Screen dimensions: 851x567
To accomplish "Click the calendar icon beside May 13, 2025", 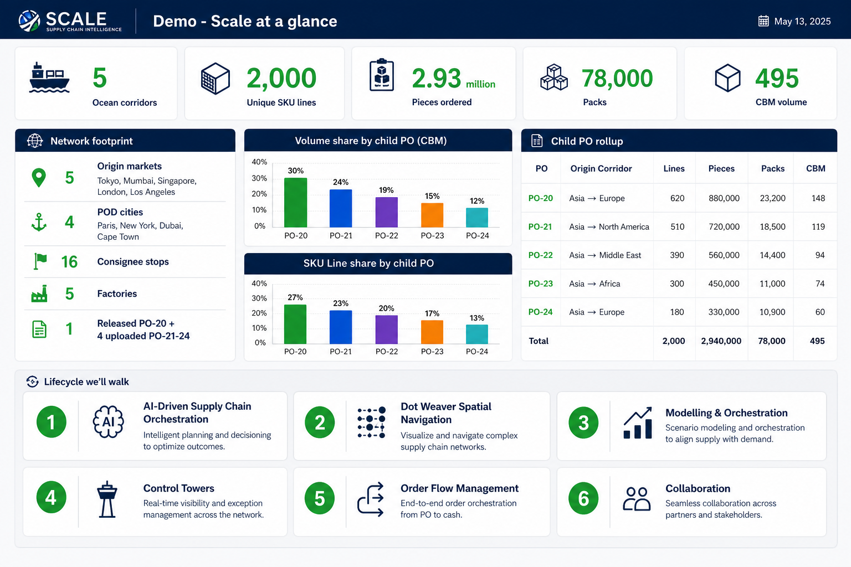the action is (x=763, y=21).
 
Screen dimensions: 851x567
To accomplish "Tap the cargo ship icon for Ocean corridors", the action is (x=49, y=78).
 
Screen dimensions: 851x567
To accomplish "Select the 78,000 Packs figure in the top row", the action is (x=617, y=78).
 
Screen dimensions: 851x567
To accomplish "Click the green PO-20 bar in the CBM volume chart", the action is (x=295, y=203).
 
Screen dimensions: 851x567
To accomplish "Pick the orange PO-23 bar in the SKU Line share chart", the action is (x=432, y=332).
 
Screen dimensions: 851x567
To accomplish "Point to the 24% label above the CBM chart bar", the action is (x=340, y=182).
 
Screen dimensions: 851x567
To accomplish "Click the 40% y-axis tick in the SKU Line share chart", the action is (x=259, y=283).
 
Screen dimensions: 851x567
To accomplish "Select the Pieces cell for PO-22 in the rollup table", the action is (x=724, y=255).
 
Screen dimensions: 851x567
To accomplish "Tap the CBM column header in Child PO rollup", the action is (x=816, y=169).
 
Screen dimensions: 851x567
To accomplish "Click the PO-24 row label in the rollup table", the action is (x=540, y=312).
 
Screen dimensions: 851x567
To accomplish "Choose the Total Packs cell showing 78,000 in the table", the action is (x=772, y=341).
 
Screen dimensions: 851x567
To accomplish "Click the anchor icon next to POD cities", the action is (x=39, y=222).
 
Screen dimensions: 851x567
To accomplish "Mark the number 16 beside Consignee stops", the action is (x=69, y=262).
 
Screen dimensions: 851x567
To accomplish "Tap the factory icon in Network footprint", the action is (x=39, y=293).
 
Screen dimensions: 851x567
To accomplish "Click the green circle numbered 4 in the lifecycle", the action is (x=52, y=497).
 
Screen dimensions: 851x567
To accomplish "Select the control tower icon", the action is (x=107, y=499).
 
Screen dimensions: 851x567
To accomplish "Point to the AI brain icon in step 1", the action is (x=108, y=422).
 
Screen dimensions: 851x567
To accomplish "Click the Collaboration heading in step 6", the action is (x=698, y=488).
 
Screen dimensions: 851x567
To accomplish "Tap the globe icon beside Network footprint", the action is (x=35, y=141).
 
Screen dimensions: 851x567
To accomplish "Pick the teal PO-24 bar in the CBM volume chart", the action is (x=477, y=218).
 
